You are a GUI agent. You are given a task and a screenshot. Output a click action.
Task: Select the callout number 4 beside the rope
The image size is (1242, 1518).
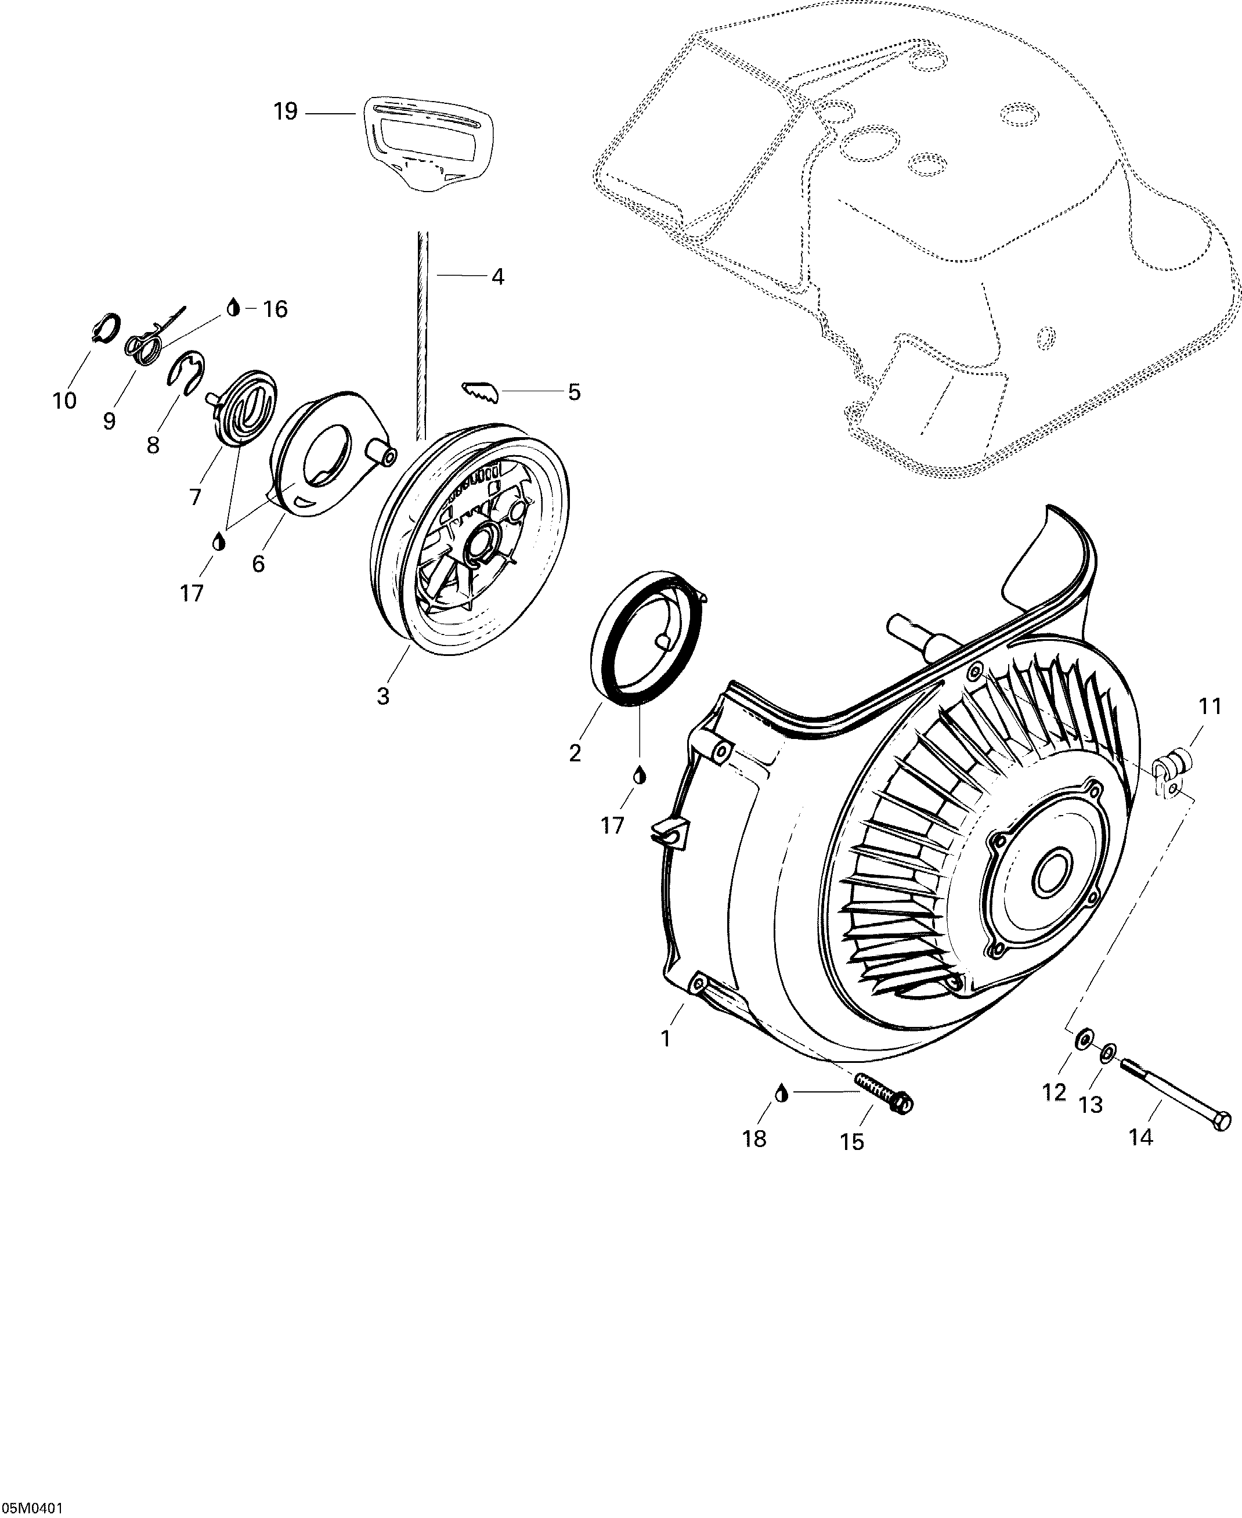(x=498, y=276)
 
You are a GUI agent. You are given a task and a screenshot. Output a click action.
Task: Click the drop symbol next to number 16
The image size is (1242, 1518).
(x=233, y=308)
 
